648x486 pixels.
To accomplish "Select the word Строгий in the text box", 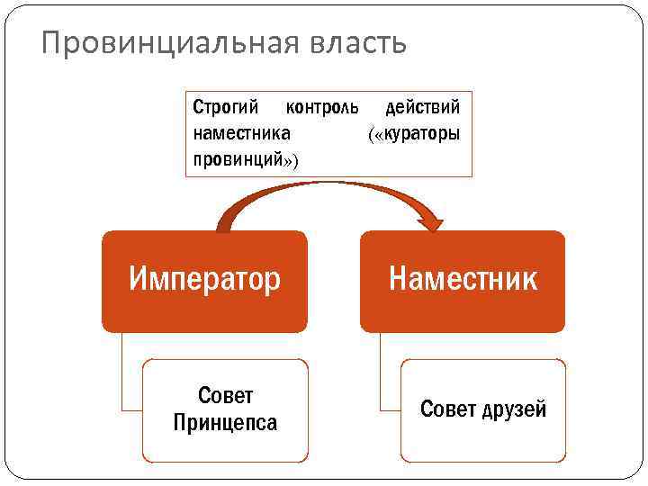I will pyautogui.click(x=226, y=108).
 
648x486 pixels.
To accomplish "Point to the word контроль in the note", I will pyautogui.click(x=321, y=108).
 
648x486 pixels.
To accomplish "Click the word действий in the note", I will pyautogui.click(x=422, y=108).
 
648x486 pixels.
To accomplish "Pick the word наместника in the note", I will pyautogui.click(x=241, y=134).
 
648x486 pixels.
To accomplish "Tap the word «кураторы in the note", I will pyautogui.click(x=414, y=134).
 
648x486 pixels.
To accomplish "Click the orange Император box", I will pyautogui.click(x=204, y=280).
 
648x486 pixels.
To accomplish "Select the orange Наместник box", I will pyautogui.click(x=463, y=280).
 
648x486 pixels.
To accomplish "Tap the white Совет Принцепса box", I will pyautogui.click(x=225, y=409).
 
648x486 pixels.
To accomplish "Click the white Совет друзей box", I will pyautogui.click(x=483, y=409).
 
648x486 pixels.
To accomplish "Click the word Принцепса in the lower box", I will pyautogui.click(x=225, y=422).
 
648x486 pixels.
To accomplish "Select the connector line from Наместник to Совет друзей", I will pyautogui.click(x=381, y=378).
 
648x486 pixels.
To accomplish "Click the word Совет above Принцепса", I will pyautogui.click(x=225, y=396).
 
